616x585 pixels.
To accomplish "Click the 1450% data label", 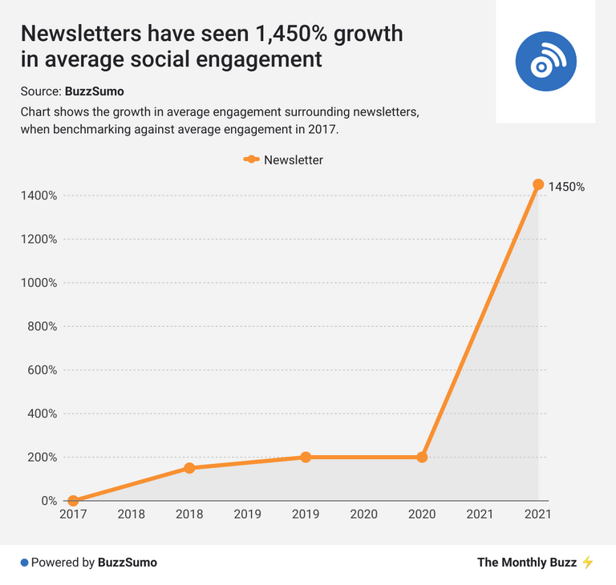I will coord(566,187).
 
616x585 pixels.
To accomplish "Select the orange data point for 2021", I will coord(538,184).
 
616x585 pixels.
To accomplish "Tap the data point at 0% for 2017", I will coord(73,501).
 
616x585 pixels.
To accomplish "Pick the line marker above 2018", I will coord(189,468).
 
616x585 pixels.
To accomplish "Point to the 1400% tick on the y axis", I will coord(38,196).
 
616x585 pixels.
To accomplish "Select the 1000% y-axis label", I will coord(38,283).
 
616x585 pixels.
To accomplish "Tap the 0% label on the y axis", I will coord(49,501).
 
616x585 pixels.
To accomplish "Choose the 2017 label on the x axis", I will coord(73,514).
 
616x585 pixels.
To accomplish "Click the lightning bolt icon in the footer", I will coord(588,563).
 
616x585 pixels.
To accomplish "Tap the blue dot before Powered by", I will coord(24,563).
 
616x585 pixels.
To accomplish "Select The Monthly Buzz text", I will coord(526,563).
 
